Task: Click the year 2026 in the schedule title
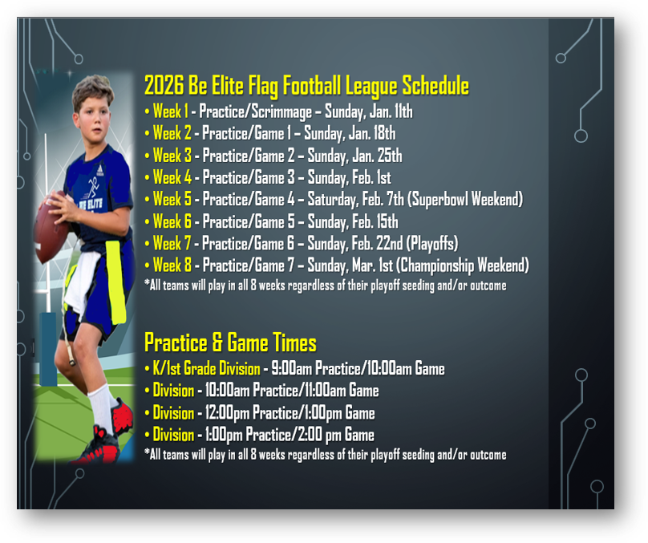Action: point(164,86)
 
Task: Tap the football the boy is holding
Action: point(51,227)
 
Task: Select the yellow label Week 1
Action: point(170,111)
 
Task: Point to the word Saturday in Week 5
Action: point(332,200)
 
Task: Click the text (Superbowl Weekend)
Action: point(465,200)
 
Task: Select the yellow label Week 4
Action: point(172,178)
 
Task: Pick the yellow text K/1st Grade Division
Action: point(206,369)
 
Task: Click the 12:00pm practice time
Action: point(227,413)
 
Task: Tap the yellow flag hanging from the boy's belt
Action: point(115,282)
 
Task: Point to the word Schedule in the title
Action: point(435,86)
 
